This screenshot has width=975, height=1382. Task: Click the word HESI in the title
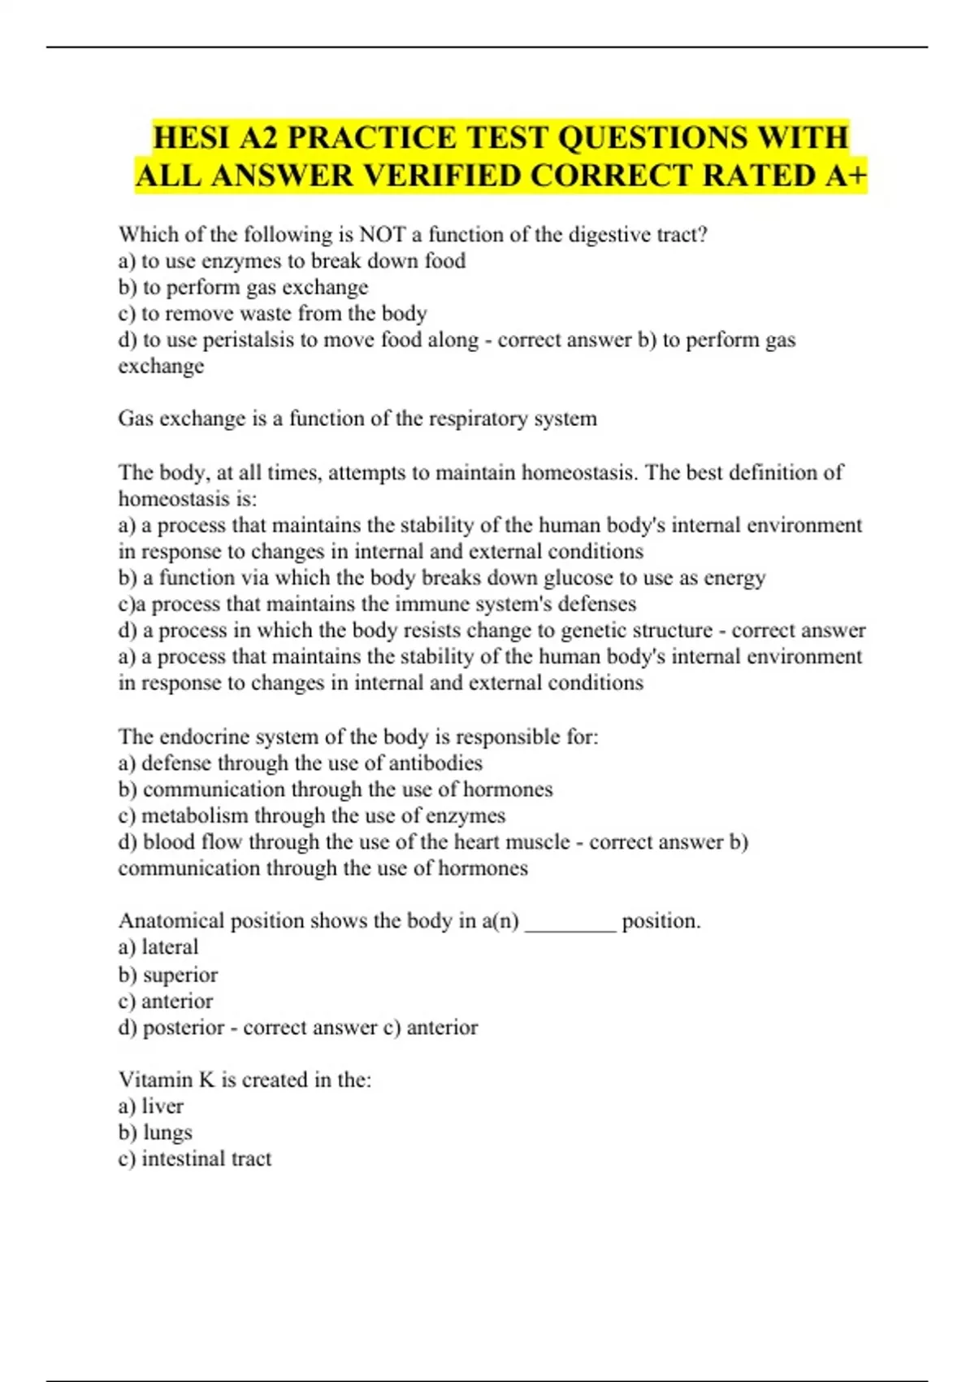(x=192, y=137)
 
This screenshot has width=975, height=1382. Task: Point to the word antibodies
(x=435, y=763)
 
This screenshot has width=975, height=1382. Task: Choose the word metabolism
(x=195, y=815)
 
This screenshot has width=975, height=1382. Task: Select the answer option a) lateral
(x=158, y=947)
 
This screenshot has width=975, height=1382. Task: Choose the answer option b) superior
(x=168, y=975)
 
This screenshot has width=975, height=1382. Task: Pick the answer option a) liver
(x=151, y=1106)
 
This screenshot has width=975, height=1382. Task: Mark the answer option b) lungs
(x=156, y=1132)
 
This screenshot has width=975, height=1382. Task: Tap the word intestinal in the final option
(x=183, y=1158)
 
